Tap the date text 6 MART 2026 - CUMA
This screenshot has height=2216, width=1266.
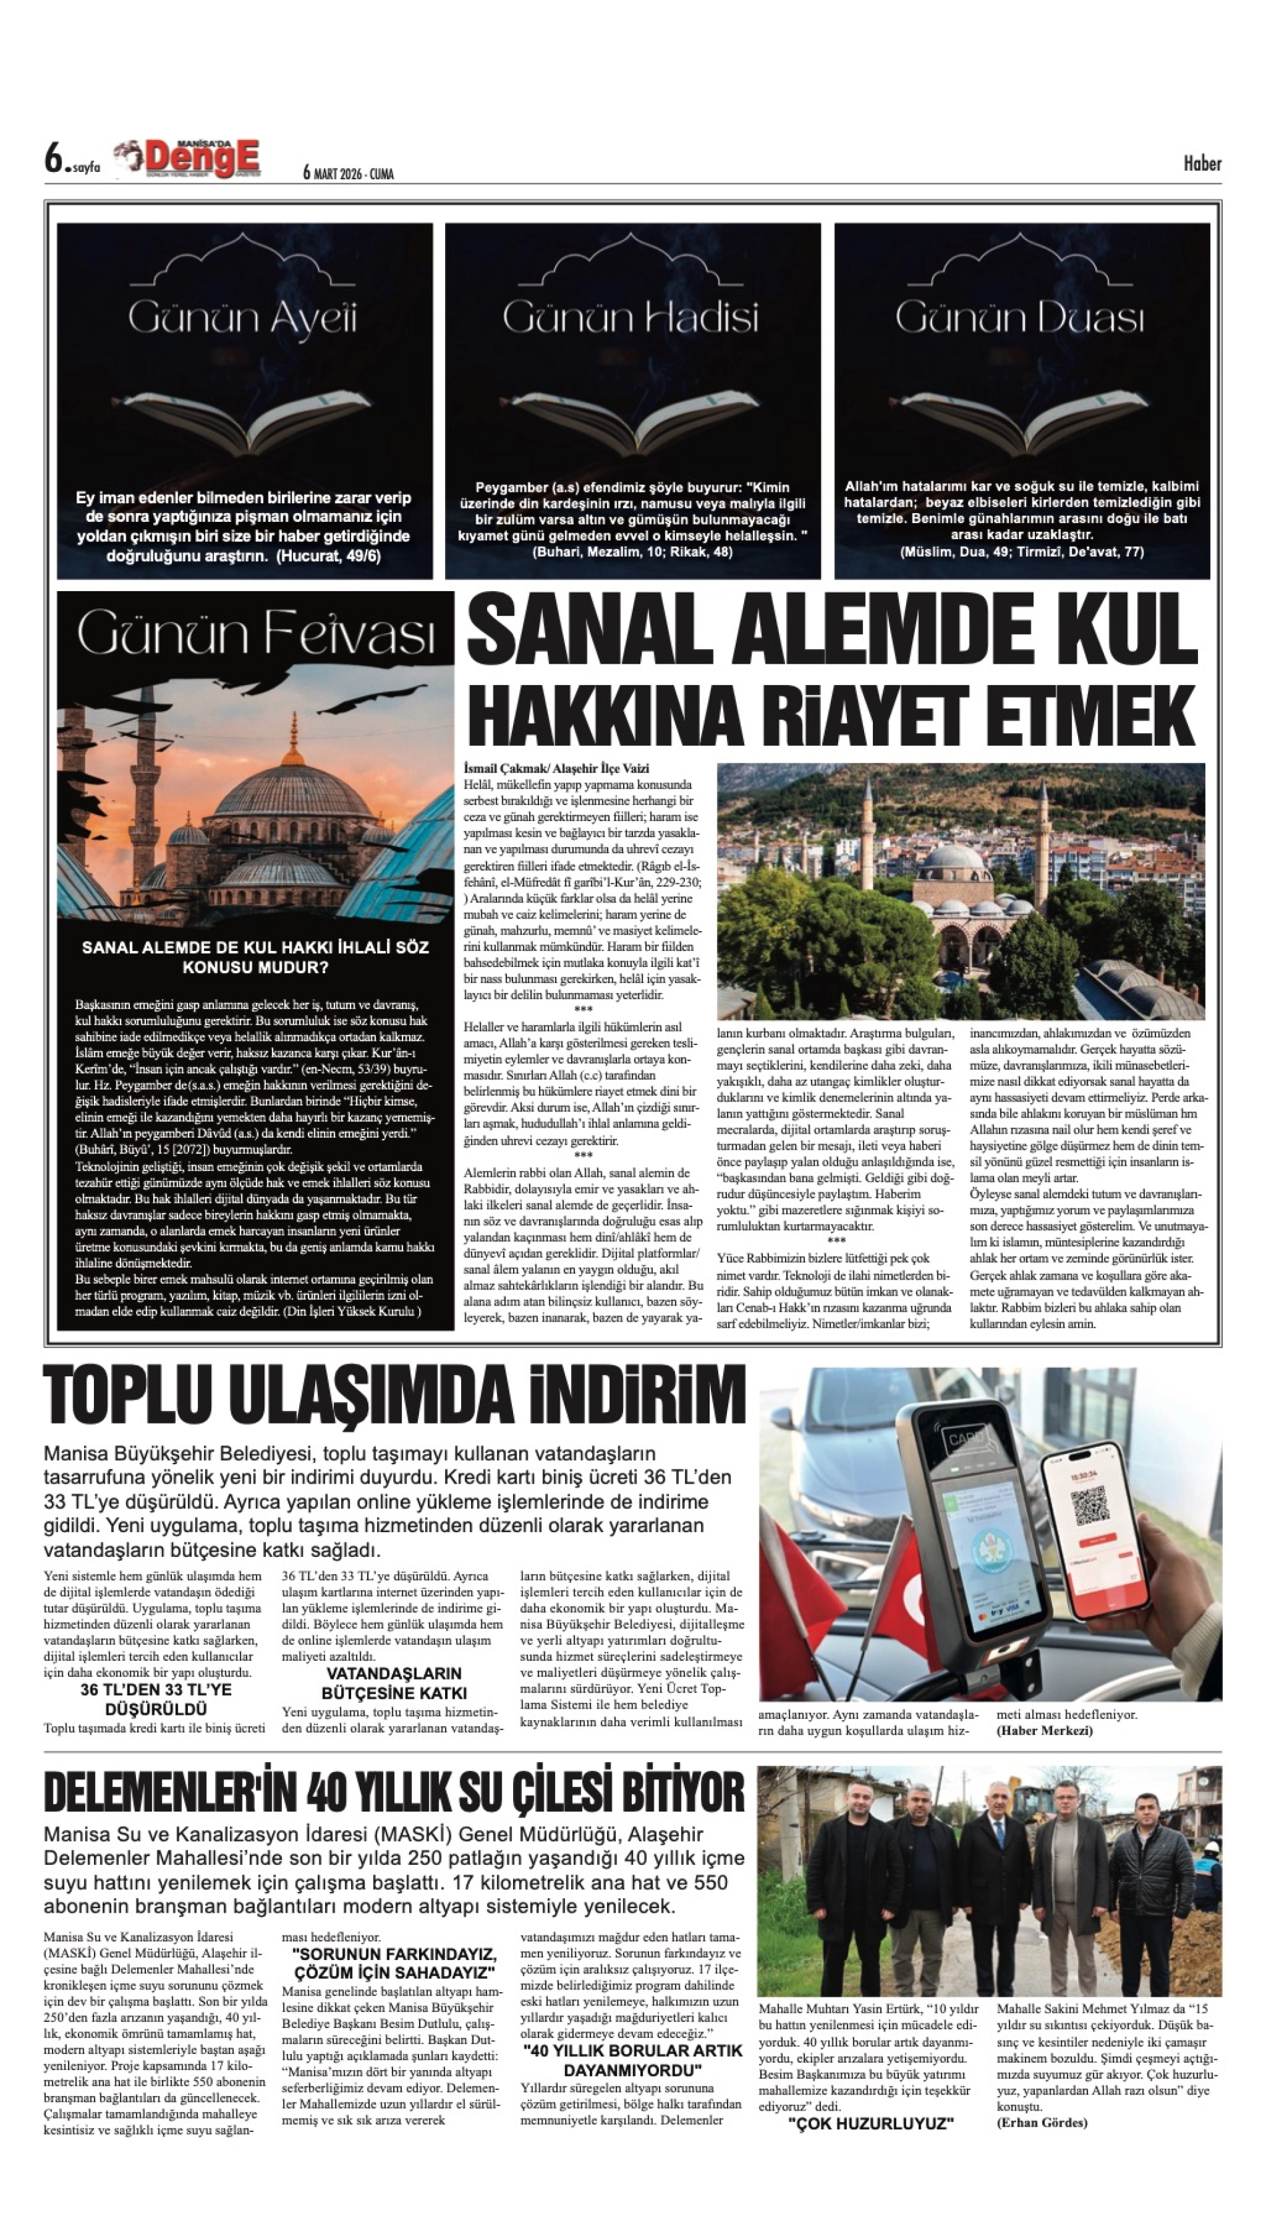(x=348, y=174)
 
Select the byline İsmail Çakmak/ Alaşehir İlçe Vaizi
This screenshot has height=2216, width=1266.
(x=556, y=769)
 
